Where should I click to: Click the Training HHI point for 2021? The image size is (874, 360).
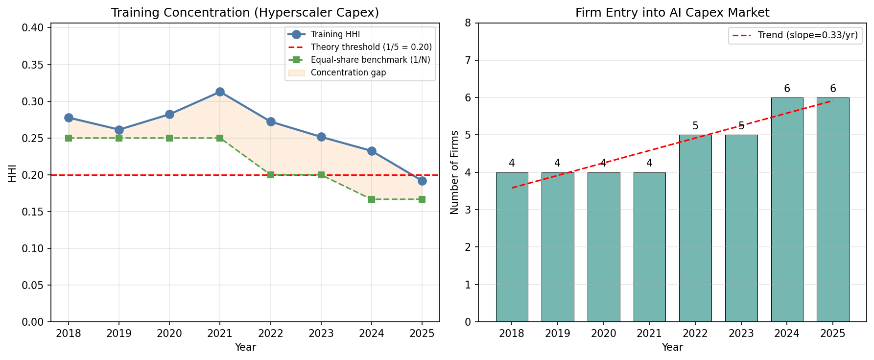[x=220, y=92]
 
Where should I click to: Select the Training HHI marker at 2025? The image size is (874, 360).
[x=422, y=181]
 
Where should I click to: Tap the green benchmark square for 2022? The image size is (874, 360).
[x=271, y=175]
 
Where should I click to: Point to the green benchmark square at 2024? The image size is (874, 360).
[x=372, y=199]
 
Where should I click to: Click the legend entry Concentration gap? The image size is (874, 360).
[x=348, y=72]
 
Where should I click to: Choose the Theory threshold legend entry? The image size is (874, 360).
[x=371, y=47]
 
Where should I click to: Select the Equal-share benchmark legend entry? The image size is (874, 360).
[x=370, y=60]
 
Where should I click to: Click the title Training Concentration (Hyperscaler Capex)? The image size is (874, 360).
[x=245, y=13]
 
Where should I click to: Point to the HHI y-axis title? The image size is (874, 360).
[x=12, y=173]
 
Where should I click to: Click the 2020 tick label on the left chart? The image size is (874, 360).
[x=169, y=334]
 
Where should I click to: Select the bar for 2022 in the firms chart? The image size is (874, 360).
[x=695, y=228]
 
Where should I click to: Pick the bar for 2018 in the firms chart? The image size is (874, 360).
[x=512, y=247]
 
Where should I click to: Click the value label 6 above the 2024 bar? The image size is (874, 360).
[x=787, y=89]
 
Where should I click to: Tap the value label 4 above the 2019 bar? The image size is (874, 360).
[x=557, y=163]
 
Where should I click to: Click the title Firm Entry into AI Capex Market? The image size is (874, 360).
[x=672, y=13]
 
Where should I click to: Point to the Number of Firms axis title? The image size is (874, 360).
[x=454, y=172]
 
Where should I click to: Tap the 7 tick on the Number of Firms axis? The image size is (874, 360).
[x=468, y=60]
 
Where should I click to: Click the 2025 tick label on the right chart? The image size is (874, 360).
[x=832, y=334]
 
